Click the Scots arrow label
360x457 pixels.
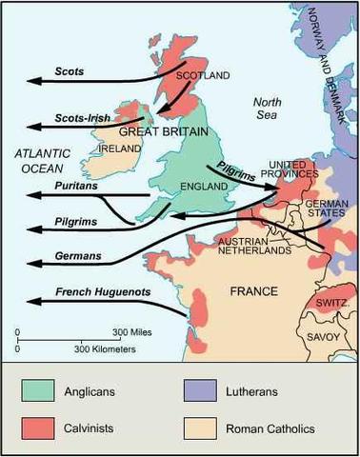[x=70, y=71]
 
